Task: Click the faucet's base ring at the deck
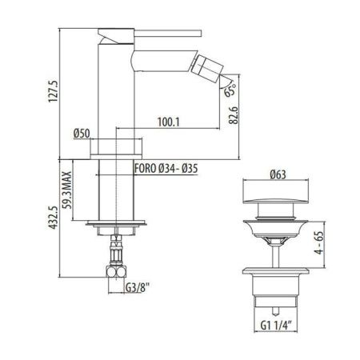coord(119,149)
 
